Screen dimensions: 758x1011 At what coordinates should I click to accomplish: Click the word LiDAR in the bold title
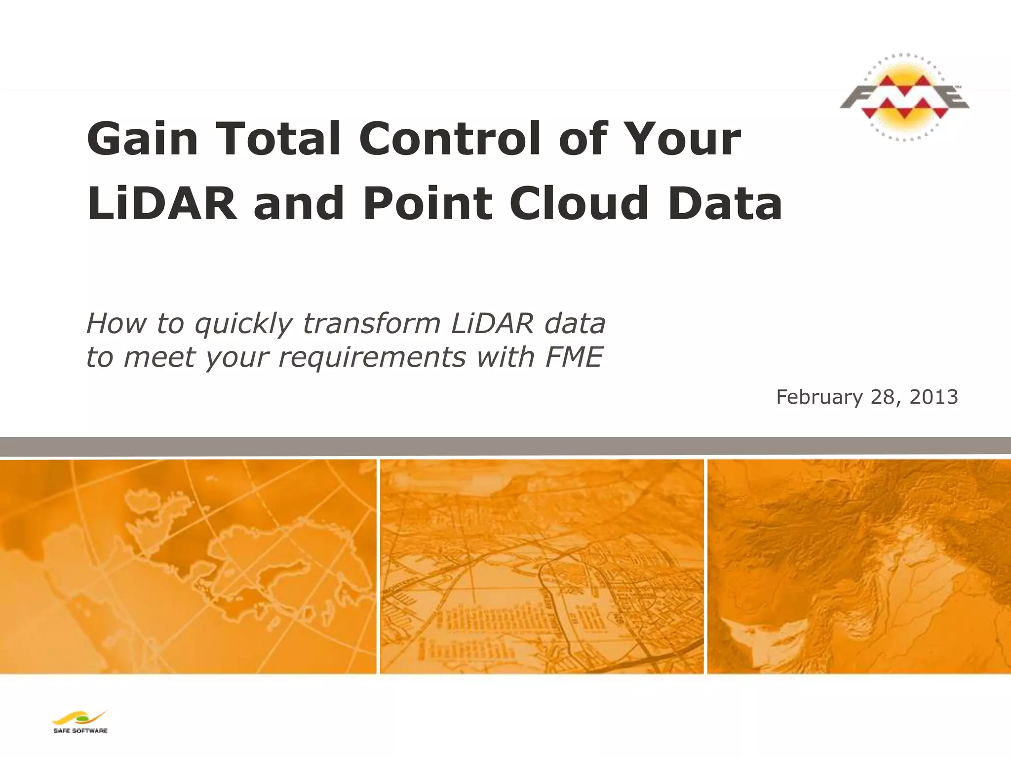[x=162, y=203]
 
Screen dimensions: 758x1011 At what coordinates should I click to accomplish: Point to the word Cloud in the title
[x=579, y=203]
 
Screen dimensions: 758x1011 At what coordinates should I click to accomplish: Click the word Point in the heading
[x=428, y=203]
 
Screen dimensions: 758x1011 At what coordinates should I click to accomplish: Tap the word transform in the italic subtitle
[x=371, y=324]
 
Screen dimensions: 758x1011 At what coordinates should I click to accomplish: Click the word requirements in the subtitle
[x=372, y=357]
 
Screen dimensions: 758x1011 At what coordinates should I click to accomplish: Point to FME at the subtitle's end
[x=574, y=357]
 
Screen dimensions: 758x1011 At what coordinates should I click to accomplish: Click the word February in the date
[x=819, y=397]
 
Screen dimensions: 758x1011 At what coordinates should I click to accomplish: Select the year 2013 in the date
[x=933, y=397]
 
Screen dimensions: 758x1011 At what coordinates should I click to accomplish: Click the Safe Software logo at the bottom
[x=80, y=722]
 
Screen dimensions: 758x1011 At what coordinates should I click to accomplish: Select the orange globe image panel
[x=188, y=566]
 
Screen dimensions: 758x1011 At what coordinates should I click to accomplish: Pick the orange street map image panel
[x=542, y=566]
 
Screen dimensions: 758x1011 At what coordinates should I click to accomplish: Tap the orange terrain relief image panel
[x=859, y=566]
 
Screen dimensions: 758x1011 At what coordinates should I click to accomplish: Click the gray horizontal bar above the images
[x=505, y=446]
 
